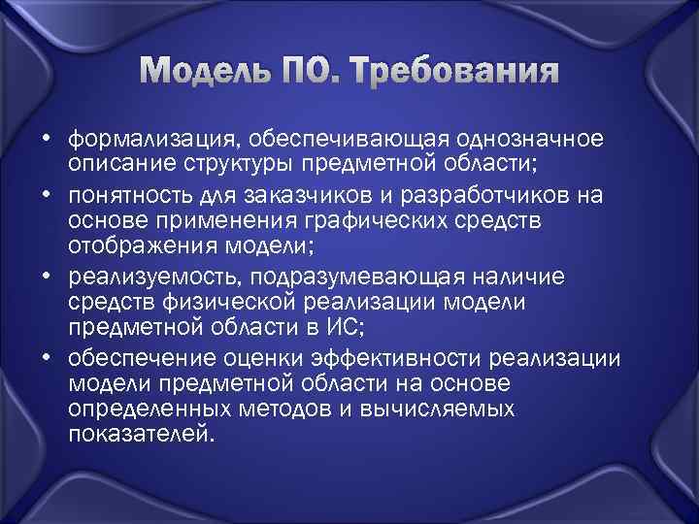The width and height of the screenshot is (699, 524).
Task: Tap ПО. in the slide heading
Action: click(321, 72)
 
